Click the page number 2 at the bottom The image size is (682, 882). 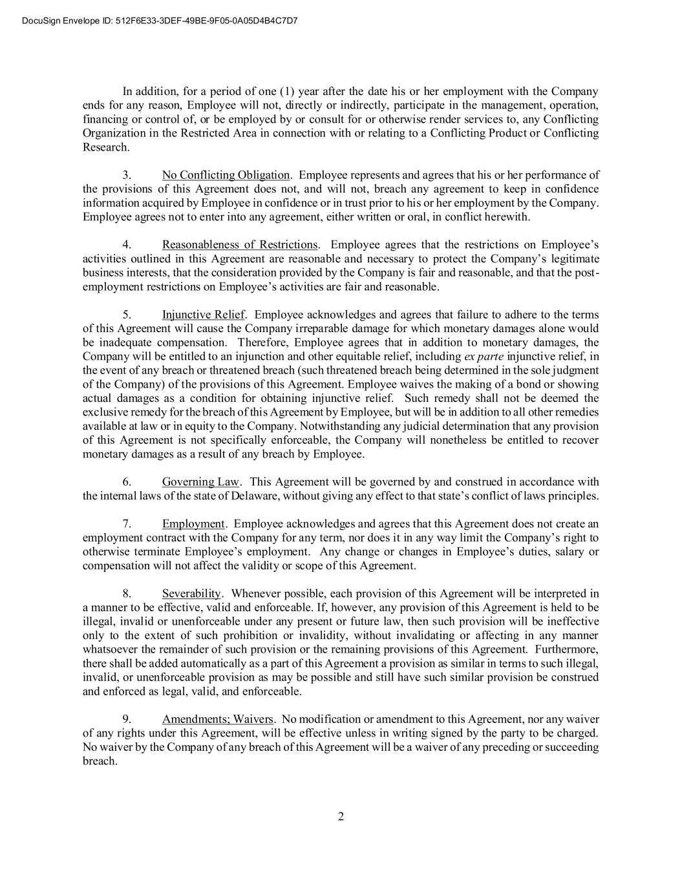tap(341, 816)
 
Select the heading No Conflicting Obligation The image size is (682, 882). tap(226, 175)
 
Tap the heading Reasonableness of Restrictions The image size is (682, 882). tap(240, 245)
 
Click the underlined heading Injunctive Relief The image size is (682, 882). tap(203, 315)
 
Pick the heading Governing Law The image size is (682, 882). tap(200, 482)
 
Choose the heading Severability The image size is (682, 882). tap(191, 593)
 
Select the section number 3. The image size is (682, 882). tap(127, 175)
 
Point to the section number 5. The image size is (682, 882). tap(127, 315)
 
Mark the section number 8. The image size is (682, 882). tap(127, 593)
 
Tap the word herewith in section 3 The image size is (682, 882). tap(508, 217)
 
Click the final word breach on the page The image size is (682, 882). tap(99, 761)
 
